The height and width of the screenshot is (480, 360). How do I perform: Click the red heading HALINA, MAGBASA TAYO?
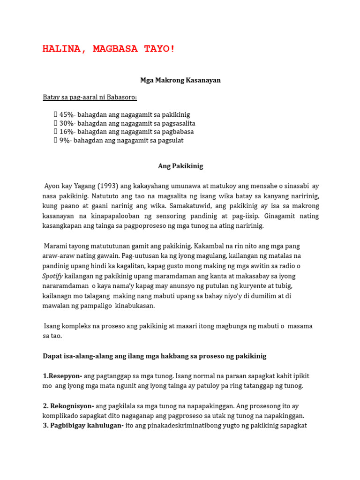point(109,49)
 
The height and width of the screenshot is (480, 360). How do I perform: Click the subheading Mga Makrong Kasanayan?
point(180,80)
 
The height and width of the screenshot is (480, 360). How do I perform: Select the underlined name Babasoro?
point(121,97)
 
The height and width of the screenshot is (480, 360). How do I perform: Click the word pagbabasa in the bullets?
point(176,132)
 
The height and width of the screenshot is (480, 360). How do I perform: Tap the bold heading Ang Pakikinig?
point(180,166)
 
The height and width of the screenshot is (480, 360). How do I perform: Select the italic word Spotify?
point(52,276)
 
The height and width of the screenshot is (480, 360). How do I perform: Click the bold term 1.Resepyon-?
point(63,376)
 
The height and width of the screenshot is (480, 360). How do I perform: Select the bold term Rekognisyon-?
point(72,405)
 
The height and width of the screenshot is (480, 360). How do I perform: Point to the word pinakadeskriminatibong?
point(205,426)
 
